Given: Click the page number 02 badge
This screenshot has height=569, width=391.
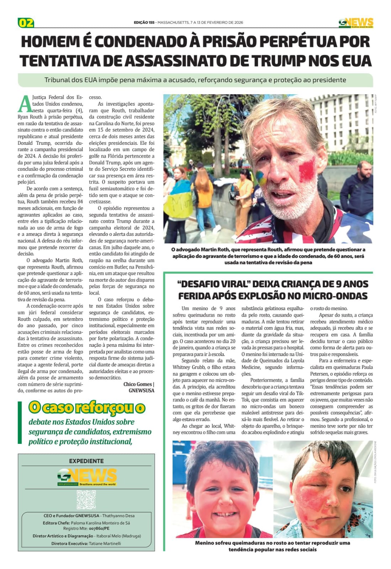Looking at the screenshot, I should pos(26,23).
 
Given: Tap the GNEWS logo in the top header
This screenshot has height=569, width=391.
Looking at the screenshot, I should pos(355,23).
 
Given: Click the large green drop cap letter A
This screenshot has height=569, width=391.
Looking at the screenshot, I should pos(25,104).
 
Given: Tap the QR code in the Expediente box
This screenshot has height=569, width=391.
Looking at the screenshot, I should pos(86,499).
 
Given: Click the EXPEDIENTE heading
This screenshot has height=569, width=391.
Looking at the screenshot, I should pos(86,461).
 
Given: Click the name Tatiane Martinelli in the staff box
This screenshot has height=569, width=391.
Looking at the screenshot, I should pos(105,543).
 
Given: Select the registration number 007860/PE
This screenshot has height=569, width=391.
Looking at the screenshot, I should pos(99,528).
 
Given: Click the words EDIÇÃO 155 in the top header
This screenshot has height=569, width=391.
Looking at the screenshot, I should pos(144,22).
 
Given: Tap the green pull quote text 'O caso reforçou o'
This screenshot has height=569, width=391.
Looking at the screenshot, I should pos(87,408).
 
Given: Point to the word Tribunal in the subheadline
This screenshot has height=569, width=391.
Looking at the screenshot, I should pos(57,80).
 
